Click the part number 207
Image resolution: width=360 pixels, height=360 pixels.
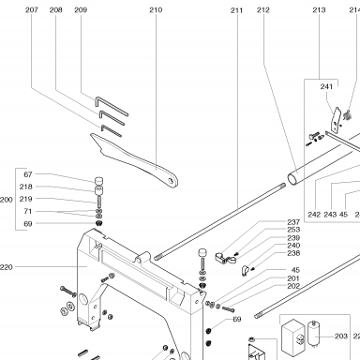[x=32, y=10]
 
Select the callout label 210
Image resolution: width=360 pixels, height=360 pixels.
[x=156, y=10]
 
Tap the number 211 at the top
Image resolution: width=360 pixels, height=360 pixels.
[x=236, y=10]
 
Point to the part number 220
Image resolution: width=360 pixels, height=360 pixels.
[x=7, y=267]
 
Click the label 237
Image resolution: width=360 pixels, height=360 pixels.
[x=293, y=222]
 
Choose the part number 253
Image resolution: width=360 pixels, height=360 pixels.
[x=293, y=230]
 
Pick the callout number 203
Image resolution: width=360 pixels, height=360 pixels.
[x=341, y=336]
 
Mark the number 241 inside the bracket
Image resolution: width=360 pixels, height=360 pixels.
[x=326, y=86]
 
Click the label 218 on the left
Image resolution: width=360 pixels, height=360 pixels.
[x=25, y=187]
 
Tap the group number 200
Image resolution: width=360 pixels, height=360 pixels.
[x=7, y=200]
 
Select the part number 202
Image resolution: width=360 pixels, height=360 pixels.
[x=293, y=286]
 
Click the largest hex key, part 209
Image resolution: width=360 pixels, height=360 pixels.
[x=112, y=106]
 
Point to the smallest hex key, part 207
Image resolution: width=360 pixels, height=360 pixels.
[x=111, y=131]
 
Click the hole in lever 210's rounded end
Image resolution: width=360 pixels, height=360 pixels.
[x=171, y=181]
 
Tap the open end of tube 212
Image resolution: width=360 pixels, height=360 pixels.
[x=292, y=179]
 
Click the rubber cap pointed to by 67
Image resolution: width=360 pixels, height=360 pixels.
[x=98, y=181]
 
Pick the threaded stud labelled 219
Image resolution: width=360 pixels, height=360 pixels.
[x=99, y=202]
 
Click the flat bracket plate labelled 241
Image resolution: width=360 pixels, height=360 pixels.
[x=336, y=120]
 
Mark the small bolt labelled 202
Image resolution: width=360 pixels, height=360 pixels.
[x=228, y=309]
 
